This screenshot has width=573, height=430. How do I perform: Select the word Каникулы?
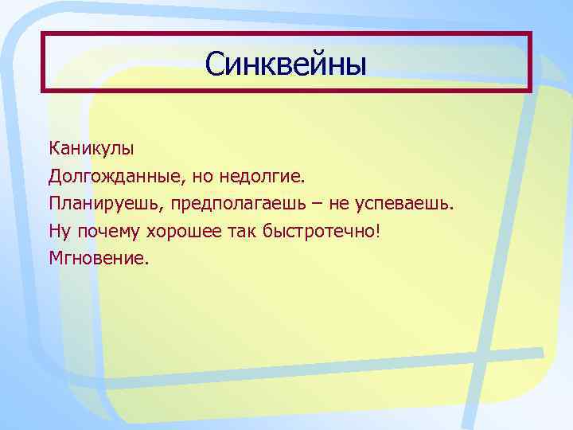pyautogui.click(x=92, y=148)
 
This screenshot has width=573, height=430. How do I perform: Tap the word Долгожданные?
pyautogui.click(x=107, y=175)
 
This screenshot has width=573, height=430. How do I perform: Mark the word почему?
pyautogui.click(x=107, y=232)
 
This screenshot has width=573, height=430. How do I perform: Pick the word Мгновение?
pyautogui.click(x=96, y=259)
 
